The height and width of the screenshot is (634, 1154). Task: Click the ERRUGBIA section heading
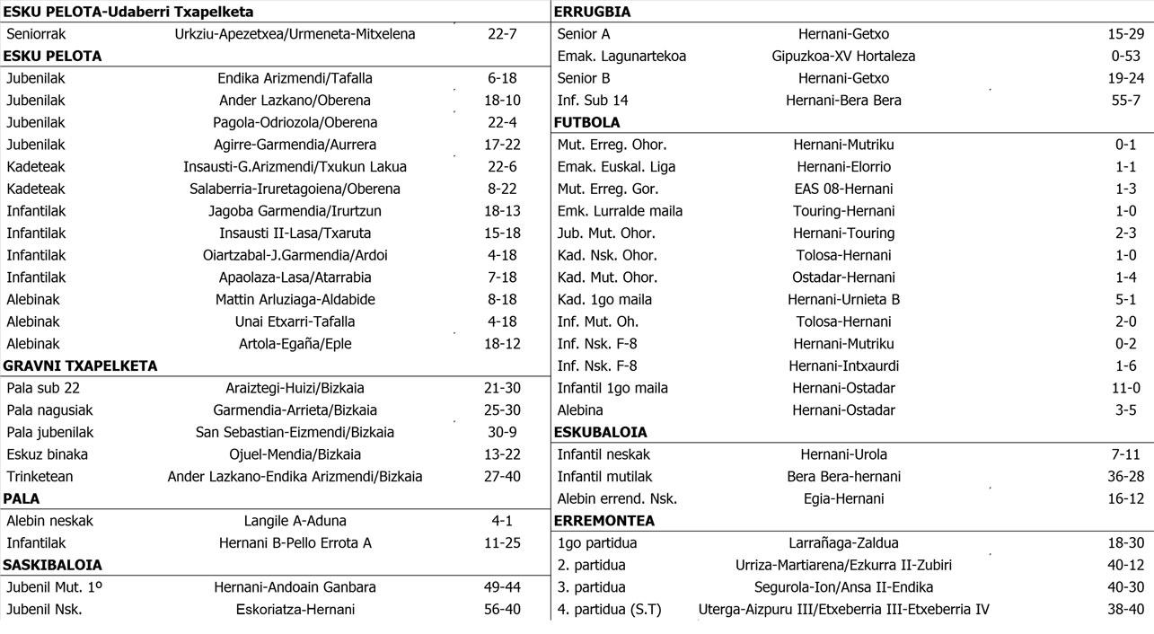(592, 12)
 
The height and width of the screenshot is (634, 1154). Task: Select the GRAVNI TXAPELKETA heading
(80, 365)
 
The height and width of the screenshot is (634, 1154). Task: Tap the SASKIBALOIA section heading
(52, 565)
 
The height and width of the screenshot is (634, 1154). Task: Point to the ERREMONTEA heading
(603, 521)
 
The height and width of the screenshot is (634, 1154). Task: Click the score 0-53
(1125, 56)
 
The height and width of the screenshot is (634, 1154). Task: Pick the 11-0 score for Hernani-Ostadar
(1125, 388)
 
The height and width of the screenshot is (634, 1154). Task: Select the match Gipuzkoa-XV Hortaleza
(843, 56)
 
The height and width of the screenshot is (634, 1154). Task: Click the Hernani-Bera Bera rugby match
(843, 100)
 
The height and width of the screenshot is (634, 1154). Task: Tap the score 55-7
(1125, 100)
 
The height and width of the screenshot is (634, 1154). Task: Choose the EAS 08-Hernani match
(843, 189)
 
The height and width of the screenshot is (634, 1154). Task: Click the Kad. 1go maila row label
(604, 299)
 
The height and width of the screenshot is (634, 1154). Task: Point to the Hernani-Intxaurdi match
(843, 365)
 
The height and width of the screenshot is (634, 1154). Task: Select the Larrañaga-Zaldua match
(843, 542)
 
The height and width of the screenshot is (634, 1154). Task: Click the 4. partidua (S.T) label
(609, 610)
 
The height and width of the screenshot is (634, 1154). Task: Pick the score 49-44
(502, 587)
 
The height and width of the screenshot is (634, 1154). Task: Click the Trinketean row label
(40, 477)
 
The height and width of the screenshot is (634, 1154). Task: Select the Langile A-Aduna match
(295, 521)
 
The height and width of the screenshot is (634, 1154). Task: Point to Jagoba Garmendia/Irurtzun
(295, 211)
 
